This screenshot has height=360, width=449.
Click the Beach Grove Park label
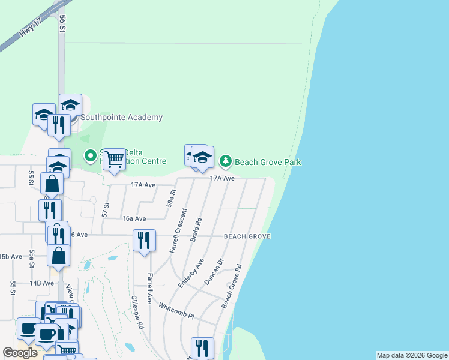coord(268,162)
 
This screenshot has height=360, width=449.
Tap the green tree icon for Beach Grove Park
coord(225,161)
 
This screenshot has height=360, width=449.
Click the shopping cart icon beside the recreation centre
coord(113,160)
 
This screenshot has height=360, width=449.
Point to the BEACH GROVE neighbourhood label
coord(247,236)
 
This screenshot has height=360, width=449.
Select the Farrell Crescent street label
coord(178,230)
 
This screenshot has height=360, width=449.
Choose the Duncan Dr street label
coord(213,271)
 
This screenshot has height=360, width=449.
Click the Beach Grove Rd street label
coord(231,286)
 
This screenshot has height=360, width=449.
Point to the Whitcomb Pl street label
coord(176,310)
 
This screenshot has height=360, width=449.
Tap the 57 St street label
coord(106,210)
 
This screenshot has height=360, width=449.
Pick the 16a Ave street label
coord(134,219)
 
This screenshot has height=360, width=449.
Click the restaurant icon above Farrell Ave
coord(144,241)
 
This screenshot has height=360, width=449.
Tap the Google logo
coord(20,353)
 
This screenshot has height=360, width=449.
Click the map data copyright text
coord(412,355)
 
